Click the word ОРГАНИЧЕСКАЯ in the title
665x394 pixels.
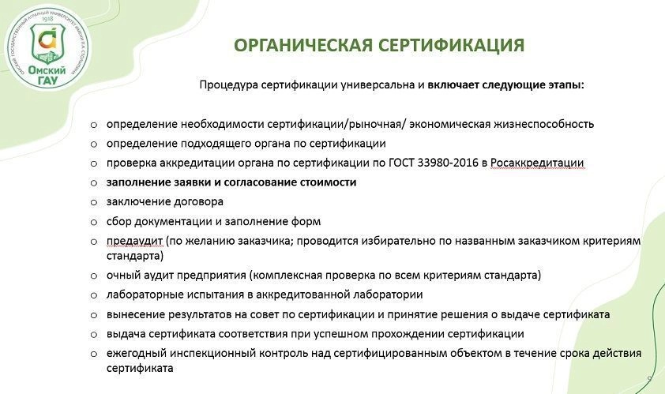point(303,45)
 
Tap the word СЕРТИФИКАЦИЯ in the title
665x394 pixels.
point(451,45)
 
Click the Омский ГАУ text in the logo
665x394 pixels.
point(47,75)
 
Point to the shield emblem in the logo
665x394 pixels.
point(47,43)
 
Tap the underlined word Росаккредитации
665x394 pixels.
point(537,163)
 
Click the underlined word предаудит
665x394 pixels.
point(134,242)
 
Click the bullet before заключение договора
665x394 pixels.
point(94,203)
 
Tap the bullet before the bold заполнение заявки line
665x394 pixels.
point(94,183)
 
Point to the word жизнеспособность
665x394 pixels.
point(543,124)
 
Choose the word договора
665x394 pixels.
point(198,202)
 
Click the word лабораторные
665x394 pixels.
point(140,295)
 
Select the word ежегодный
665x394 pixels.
point(137,354)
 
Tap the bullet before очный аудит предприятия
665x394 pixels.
point(94,276)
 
